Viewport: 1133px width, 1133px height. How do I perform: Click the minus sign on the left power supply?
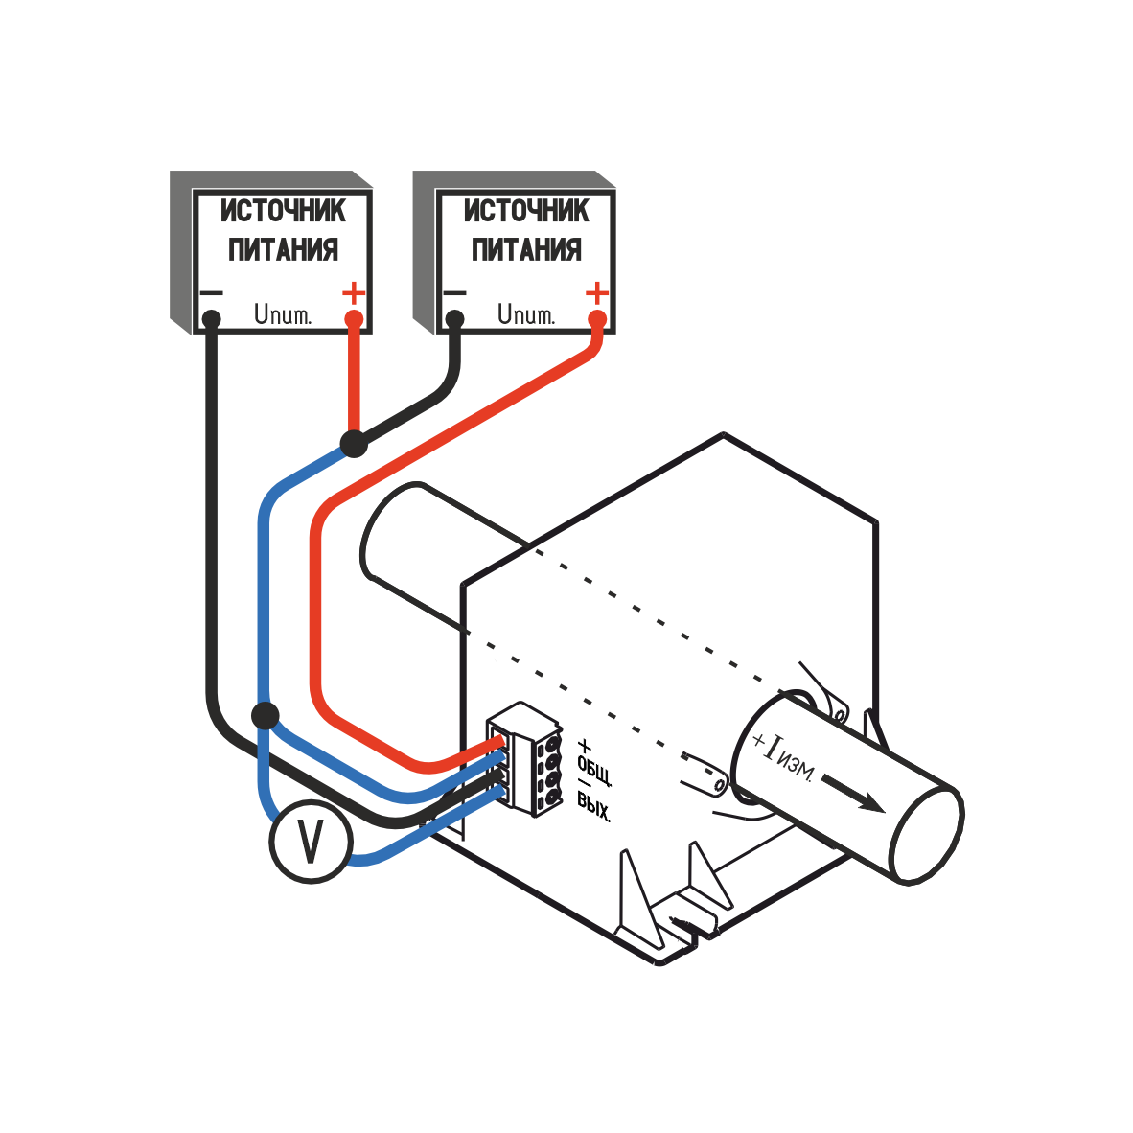coord(210,292)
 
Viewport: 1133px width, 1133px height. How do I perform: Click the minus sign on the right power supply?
coord(453,292)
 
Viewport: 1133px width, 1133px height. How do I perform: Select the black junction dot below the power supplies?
coord(354,443)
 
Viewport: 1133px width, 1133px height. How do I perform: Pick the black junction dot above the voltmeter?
coord(265,715)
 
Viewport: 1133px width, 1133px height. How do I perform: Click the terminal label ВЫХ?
coord(594,807)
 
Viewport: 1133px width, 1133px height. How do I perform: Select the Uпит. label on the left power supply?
coord(283,314)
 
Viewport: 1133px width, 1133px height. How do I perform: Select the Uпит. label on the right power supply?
coord(526,314)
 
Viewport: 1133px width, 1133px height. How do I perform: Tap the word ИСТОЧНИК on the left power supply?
coord(283,211)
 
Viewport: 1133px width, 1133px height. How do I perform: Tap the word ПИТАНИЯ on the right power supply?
coord(526,250)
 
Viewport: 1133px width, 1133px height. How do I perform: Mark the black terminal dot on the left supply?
coord(211,318)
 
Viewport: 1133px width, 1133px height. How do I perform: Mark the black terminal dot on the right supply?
coord(454,318)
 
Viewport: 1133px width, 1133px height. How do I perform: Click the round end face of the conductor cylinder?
coord(925,833)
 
